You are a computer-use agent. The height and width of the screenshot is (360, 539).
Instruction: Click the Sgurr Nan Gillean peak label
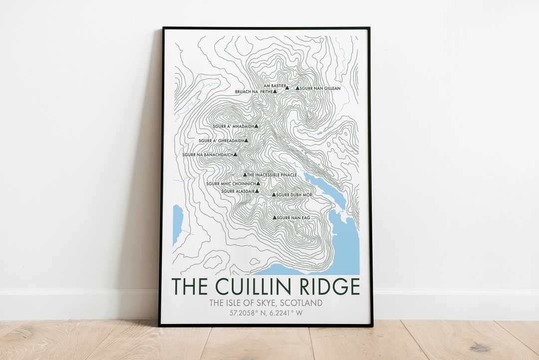click(x=320, y=88)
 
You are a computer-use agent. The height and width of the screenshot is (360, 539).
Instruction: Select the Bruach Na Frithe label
click(x=254, y=92)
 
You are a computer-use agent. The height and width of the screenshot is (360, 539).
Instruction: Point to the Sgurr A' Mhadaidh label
click(x=233, y=126)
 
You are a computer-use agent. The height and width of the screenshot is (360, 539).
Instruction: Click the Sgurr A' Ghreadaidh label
click(x=221, y=141)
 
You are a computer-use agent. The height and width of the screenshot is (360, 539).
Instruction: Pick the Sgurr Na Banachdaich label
click(x=207, y=155)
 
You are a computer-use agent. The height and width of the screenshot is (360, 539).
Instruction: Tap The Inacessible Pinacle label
click(x=272, y=175)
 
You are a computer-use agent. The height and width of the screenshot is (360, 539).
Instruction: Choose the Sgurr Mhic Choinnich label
click(x=231, y=184)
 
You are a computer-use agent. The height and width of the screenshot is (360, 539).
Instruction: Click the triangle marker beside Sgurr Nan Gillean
click(x=297, y=88)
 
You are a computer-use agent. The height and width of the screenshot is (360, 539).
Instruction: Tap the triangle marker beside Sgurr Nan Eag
click(x=274, y=217)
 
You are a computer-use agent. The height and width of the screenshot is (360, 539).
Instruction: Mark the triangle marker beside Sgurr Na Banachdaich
click(x=235, y=155)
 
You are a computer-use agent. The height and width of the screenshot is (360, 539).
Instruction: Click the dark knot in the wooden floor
click(x=480, y=347)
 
